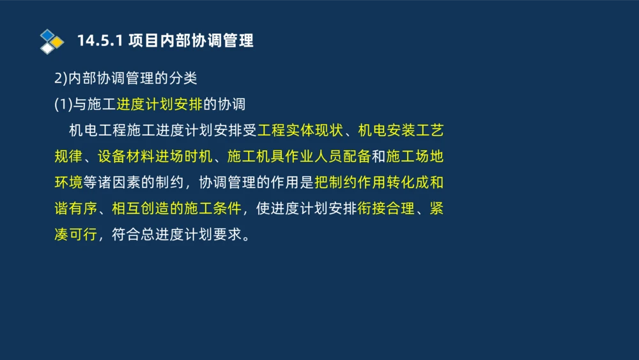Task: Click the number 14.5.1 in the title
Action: coord(99,41)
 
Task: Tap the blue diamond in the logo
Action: coord(47,35)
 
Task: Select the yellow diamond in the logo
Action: coord(58,42)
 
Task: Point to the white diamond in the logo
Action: coord(47,48)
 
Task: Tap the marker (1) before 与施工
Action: coord(64,104)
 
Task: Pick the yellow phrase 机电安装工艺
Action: coord(401,130)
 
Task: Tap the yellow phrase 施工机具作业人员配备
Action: coord(299,157)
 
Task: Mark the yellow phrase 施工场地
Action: coord(415,157)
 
